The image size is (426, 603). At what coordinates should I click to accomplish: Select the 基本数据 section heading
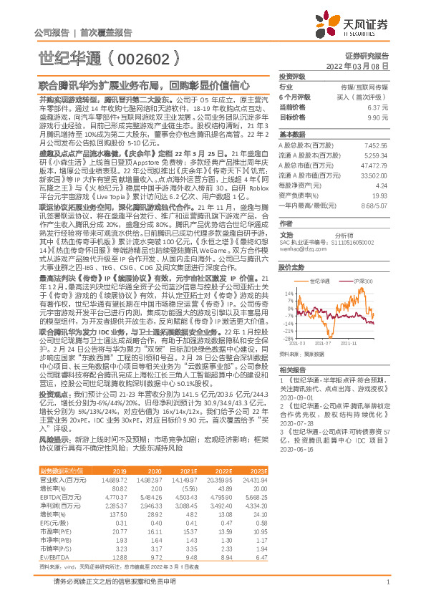291,135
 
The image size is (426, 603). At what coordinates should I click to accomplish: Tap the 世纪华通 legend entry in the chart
320,281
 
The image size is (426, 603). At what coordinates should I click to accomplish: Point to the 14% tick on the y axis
288,293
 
